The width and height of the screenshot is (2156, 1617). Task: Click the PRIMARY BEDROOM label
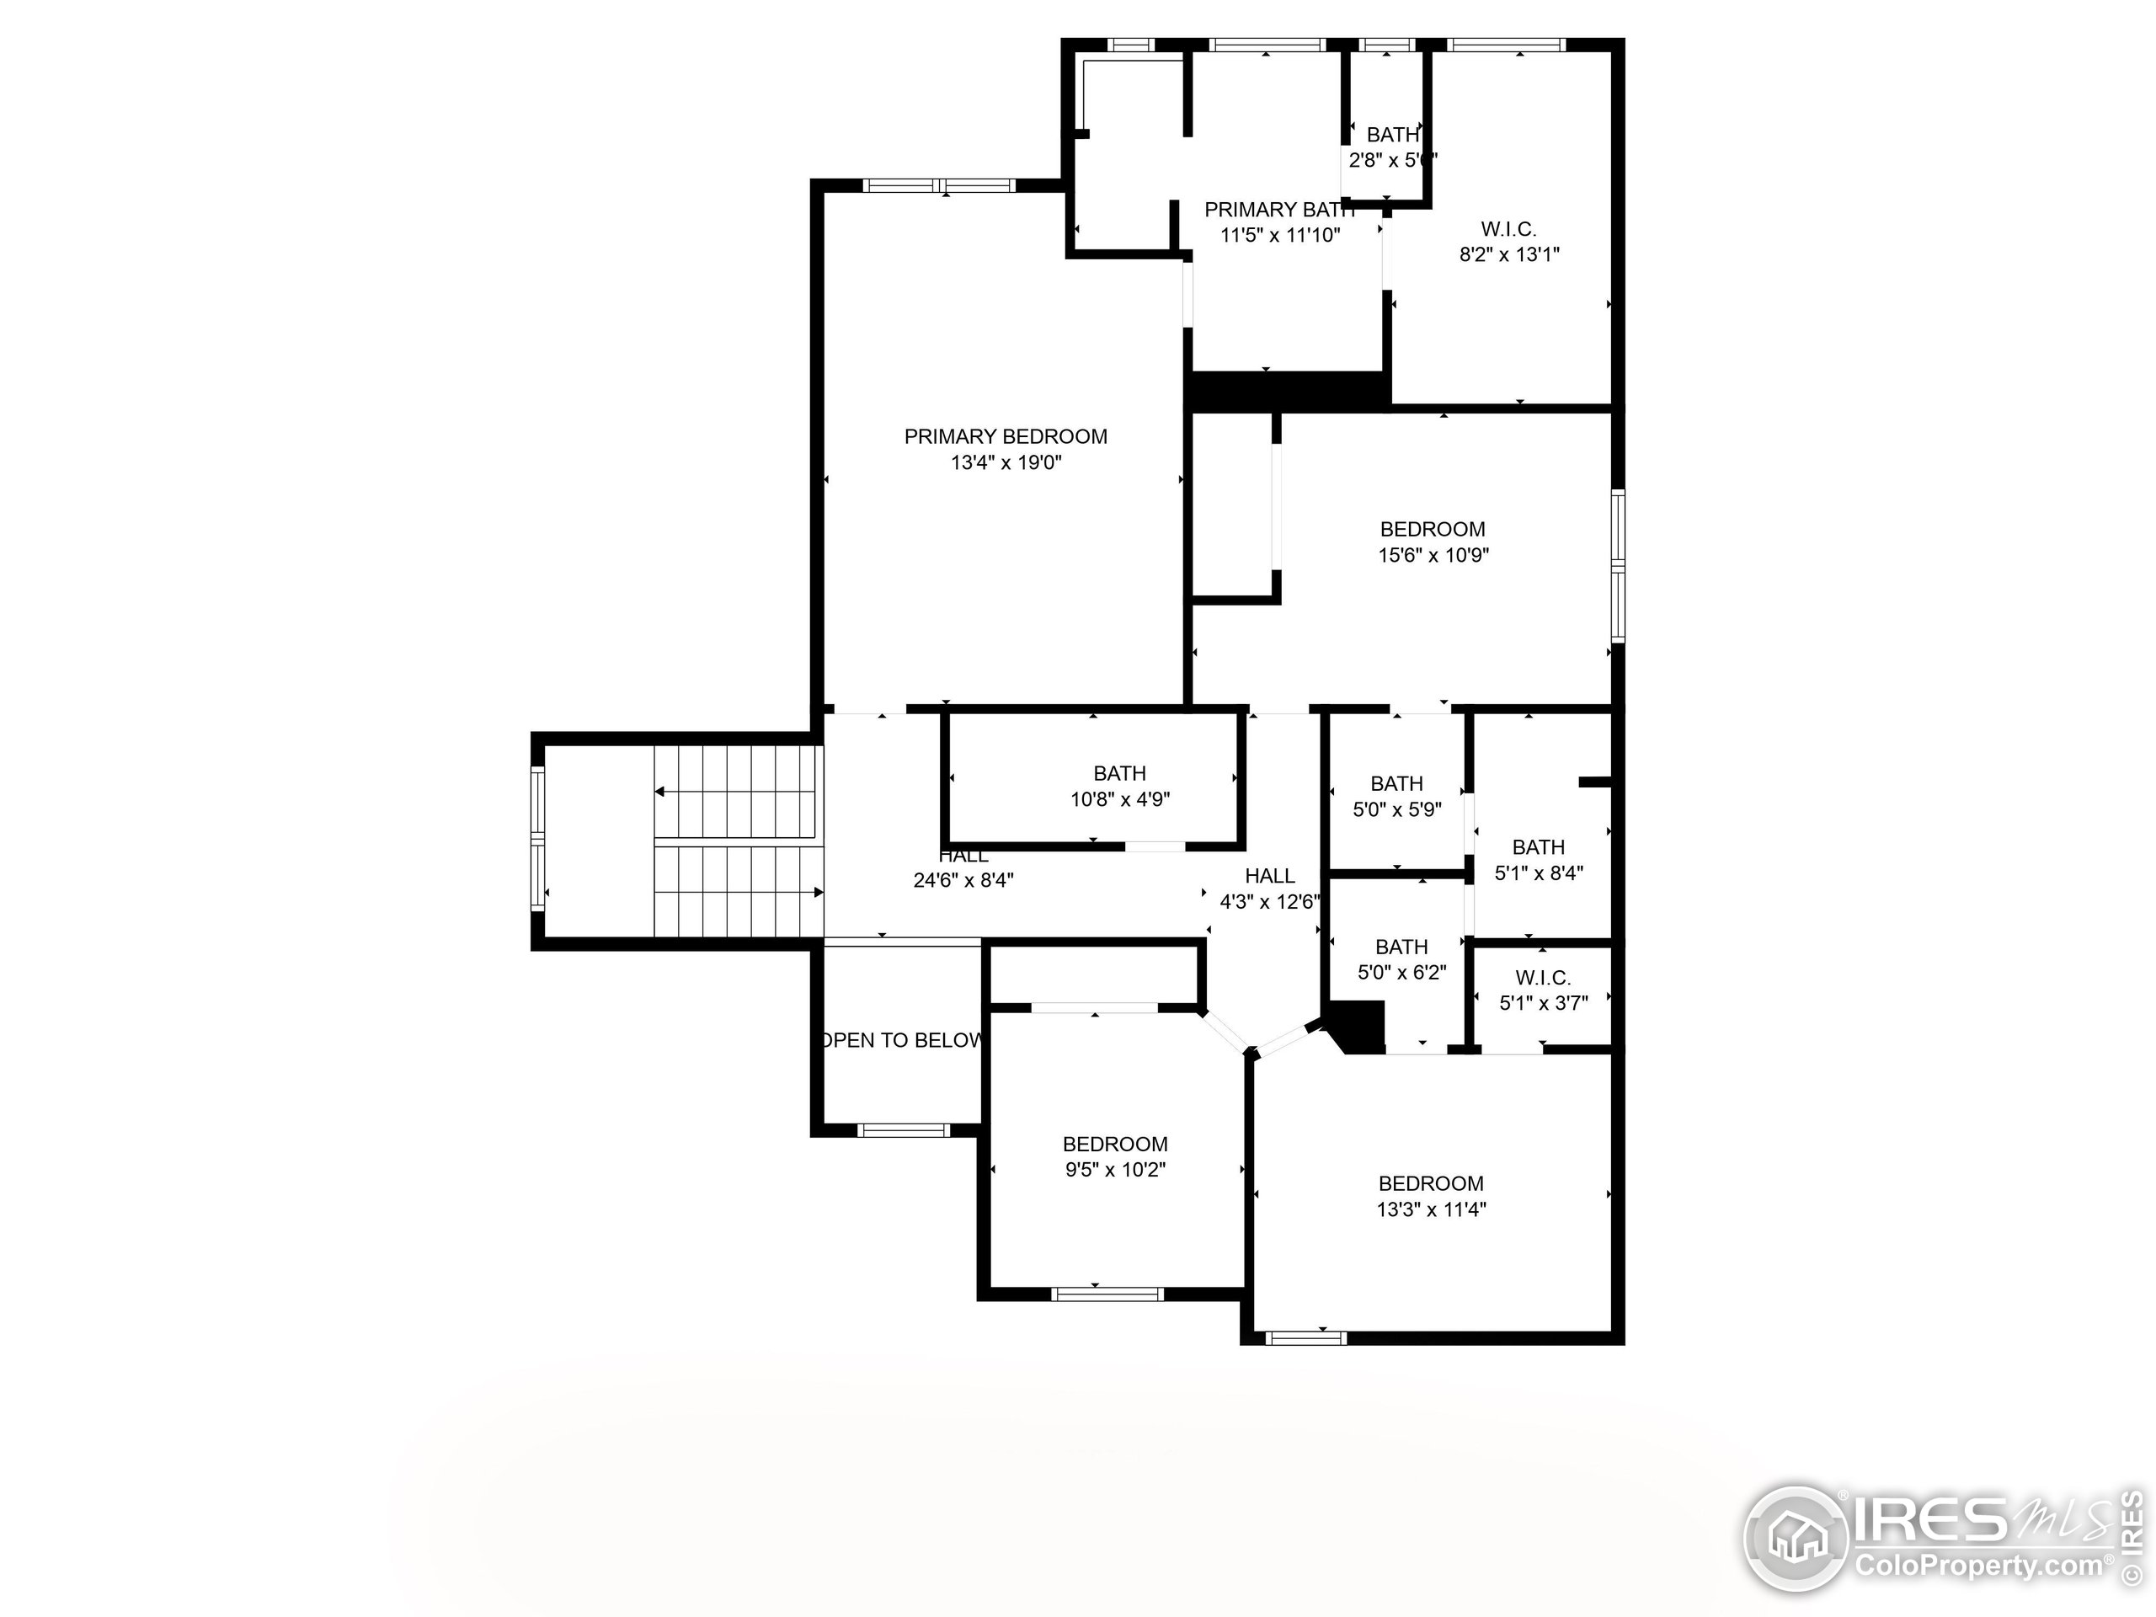(x=1005, y=436)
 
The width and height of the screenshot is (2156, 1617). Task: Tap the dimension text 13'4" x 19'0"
(x=1005, y=463)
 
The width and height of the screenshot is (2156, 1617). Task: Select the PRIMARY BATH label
(x=1278, y=210)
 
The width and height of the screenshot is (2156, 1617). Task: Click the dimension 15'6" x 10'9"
(x=1433, y=556)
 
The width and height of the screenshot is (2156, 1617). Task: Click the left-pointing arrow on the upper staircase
(x=661, y=792)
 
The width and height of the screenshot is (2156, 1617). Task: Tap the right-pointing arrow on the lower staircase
(x=818, y=892)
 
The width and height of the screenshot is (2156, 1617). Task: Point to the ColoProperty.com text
(x=1978, y=1566)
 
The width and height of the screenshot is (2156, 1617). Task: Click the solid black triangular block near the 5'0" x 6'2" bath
(x=1359, y=1027)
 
